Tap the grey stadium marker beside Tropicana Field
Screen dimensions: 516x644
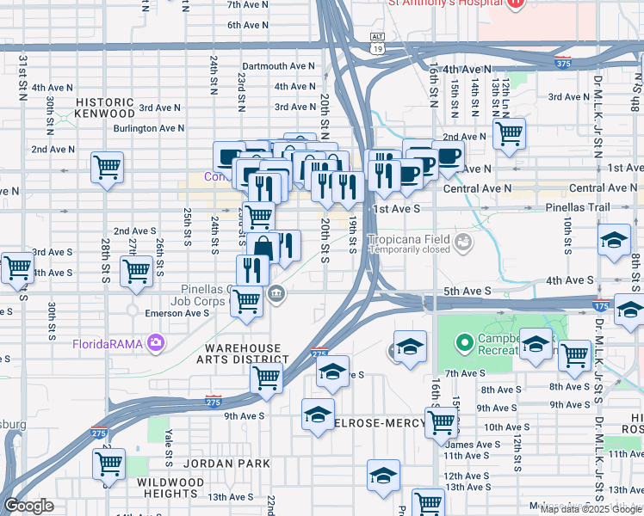(x=464, y=243)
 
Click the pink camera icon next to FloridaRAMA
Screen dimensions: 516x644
(x=155, y=343)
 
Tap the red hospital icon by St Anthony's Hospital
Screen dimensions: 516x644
(x=515, y=3)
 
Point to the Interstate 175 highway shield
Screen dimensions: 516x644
(x=601, y=305)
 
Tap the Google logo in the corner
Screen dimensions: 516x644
(x=28, y=506)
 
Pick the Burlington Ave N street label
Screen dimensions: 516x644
(x=150, y=128)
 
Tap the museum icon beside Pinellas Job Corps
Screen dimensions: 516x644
(x=275, y=295)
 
